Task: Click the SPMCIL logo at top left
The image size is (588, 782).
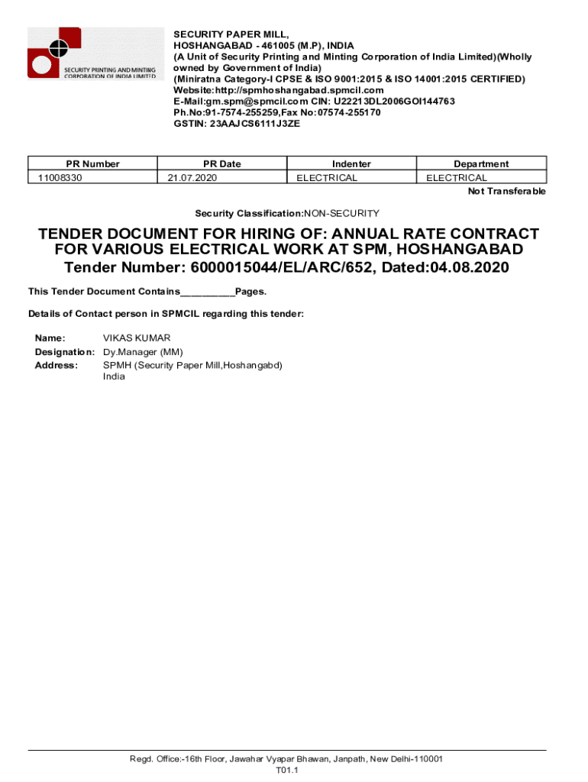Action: point(95,53)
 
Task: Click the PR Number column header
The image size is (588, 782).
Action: point(92,163)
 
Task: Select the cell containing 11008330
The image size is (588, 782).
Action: point(60,178)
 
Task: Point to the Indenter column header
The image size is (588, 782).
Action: point(351,163)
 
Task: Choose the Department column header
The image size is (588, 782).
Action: point(481,163)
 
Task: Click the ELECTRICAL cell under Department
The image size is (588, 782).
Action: point(457,178)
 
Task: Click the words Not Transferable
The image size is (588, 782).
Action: point(506,191)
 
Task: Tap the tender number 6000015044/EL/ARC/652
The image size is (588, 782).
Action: point(296,267)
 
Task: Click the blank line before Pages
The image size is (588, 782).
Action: point(208,292)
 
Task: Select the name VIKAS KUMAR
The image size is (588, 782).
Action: point(137,338)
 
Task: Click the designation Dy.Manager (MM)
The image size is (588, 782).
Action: point(143,352)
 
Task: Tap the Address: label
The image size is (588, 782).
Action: point(57,365)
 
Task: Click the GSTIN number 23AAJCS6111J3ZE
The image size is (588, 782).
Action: point(254,123)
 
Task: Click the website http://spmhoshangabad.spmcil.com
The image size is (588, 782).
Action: point(279,90)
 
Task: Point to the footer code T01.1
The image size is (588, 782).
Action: point(286,771)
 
